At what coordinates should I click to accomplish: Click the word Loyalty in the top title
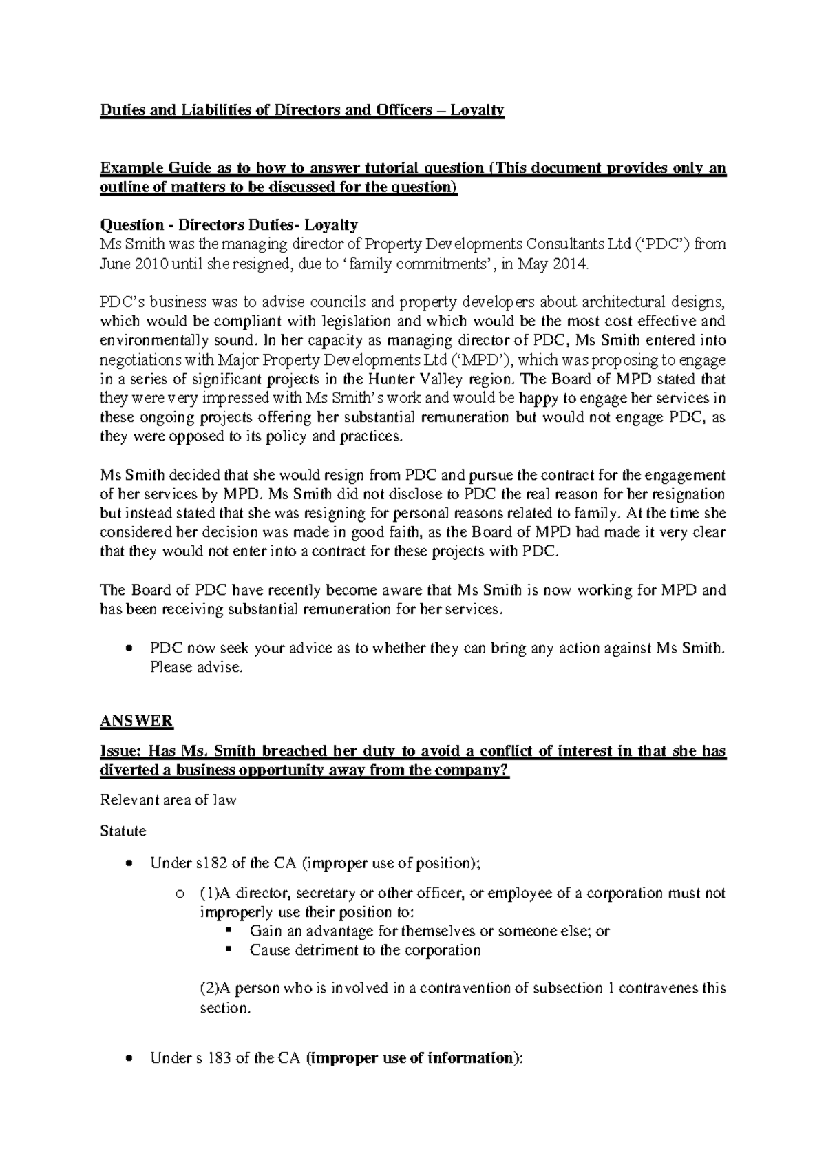(478, 110)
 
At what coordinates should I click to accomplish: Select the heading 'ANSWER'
(136, 721)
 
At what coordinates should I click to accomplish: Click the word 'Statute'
(123, 831)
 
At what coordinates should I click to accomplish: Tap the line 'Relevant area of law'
(168, 801)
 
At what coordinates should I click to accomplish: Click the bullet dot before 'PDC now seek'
(129, 649)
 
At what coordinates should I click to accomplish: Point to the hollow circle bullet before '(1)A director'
(180, 894)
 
